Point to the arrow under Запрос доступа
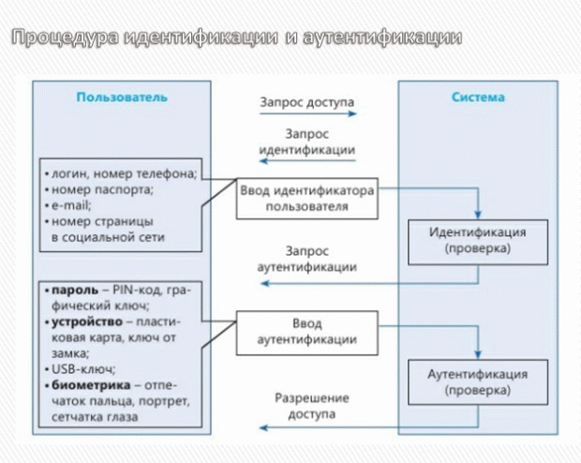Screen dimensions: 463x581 coord(307,113)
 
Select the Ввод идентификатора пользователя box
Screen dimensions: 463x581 coord(307,198)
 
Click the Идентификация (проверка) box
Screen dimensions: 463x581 coord(477,241)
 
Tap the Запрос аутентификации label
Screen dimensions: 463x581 coord(307,260)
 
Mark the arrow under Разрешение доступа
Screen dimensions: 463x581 coord(307,427)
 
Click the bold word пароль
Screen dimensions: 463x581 coord(70,291)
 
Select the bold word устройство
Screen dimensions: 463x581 coord(81,321)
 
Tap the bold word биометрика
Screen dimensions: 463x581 coord(83,384)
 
